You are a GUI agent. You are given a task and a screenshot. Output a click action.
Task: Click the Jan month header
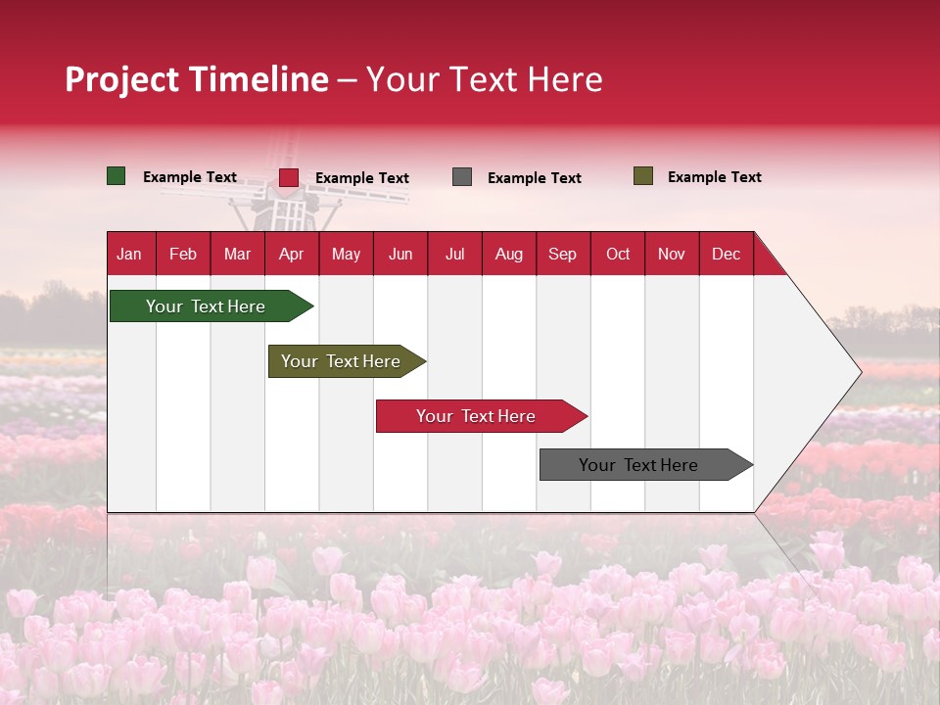point(130,254)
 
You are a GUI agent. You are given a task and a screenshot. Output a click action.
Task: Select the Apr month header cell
point(292,254)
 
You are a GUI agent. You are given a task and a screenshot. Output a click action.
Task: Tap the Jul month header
point(454,254)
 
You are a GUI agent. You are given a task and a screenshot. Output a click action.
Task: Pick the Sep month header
point(562,254)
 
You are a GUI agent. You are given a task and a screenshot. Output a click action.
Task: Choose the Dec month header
point(726,254)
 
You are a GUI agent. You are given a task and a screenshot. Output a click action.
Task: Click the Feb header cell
point(183,254)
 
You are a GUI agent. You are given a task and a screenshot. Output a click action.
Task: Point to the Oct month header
point(618,254)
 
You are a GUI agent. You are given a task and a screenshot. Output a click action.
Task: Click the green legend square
point(117,176)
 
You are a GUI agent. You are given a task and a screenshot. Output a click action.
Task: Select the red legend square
point(289,177)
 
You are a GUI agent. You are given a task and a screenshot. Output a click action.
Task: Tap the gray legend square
point(462,177)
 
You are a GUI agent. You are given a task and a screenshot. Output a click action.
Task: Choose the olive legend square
point(643,176)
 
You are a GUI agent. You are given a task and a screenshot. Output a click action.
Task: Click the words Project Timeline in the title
point(197,79)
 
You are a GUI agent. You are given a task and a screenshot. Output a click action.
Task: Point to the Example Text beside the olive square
point(714,177)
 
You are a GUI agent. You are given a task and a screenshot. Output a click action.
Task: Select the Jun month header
point(400,254)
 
